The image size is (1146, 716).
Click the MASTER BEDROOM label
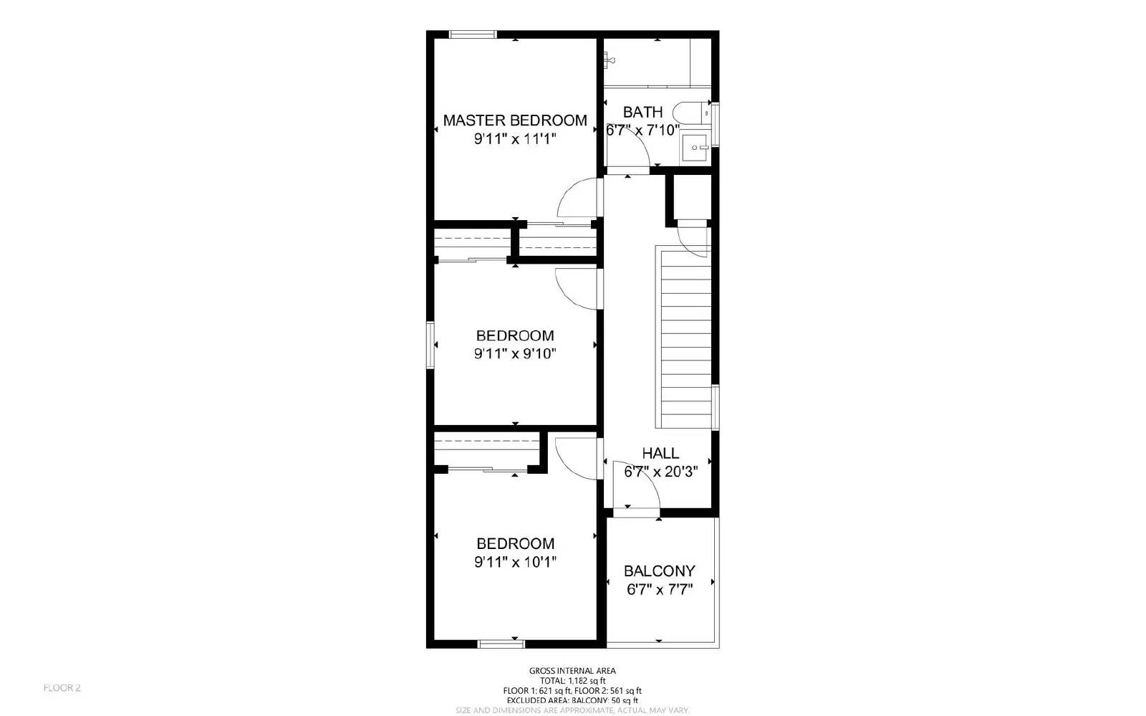tap(514, 120)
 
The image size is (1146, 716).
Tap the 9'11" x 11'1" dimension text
tap(514, 139)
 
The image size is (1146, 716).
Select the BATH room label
tap(642, 112)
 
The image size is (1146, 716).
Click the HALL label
tap(660, 453)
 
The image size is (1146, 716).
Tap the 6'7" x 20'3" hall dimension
tap(660, 472)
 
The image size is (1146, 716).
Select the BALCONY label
tap(659, 571)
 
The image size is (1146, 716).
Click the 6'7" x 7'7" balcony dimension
tap(659, 590)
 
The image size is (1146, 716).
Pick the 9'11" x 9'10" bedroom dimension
tap(514, 353)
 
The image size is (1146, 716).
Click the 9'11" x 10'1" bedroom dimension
tap(514, 562)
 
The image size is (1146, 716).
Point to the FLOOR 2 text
tap(62, 688)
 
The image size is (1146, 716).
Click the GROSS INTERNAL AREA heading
tap(572, 671)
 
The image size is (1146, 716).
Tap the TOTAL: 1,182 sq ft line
tap(572, 681)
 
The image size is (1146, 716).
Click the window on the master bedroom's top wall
tap(473, 34)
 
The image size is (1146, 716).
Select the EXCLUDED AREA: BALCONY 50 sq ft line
tap(572, 700)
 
